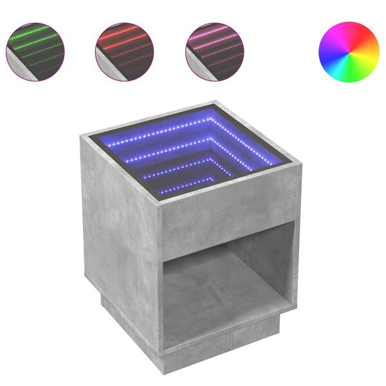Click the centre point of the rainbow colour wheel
click(x=349, y=53)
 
